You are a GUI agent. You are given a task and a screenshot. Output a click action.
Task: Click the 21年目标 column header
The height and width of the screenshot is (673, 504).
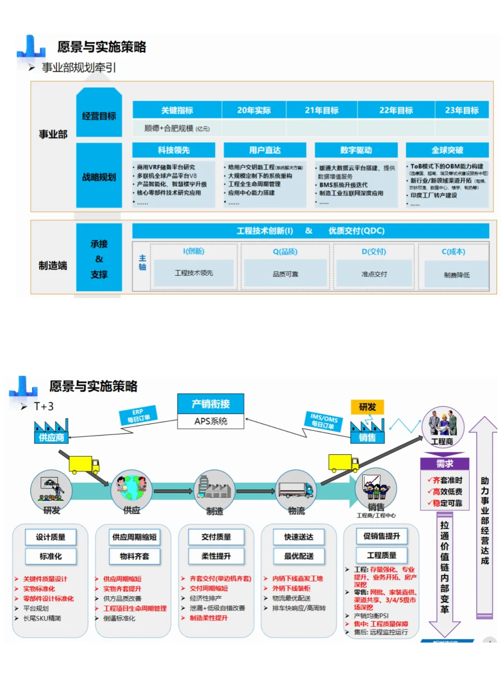pyautogui.click(x=322, y=110)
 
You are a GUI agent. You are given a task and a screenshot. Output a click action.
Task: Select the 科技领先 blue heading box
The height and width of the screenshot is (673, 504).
pyautogui.click(x=174, y=150)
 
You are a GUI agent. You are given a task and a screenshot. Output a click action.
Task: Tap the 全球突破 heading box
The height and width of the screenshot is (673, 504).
pyautogui.click(x=447, y=150)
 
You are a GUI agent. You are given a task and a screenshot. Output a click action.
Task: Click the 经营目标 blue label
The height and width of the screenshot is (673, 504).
pyautogui.click(x=99, y=115)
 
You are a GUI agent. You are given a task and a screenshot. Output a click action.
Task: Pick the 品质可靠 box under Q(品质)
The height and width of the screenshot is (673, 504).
pyautogui.click(x=285, y=274)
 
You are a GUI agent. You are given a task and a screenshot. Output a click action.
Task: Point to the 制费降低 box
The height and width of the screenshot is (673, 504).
pyautogui.click(x=456, y=275)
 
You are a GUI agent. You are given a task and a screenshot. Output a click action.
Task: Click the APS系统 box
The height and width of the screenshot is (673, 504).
pyautogui.click(x=211, y=421)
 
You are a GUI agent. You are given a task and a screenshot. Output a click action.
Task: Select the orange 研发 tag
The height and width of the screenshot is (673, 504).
pyautogui.click(x=367, y=407)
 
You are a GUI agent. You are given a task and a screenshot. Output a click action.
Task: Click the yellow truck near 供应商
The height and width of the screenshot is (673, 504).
pyautogui.click(x=84, y=464)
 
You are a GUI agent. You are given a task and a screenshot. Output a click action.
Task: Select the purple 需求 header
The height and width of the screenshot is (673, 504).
pyautogui.click(x=444, y=464)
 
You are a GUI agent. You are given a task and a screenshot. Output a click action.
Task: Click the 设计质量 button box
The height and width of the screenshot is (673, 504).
pyautogui.click(x=50, y=537)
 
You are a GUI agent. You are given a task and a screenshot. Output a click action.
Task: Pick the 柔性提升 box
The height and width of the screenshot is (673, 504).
pyautogui.click(x=216, y=556)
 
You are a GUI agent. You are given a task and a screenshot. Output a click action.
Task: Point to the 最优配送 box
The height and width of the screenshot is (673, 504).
pyautogui.click(x=299, y=556)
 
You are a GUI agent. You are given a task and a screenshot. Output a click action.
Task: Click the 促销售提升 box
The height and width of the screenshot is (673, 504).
pyautogui.click(x=381, y=536)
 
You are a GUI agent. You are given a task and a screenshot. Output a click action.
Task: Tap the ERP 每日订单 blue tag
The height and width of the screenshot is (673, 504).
pyautogui.click(x=138, y=415)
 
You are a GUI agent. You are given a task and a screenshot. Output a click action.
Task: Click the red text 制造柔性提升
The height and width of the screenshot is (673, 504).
pyautogui.click(x=209, y=618)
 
